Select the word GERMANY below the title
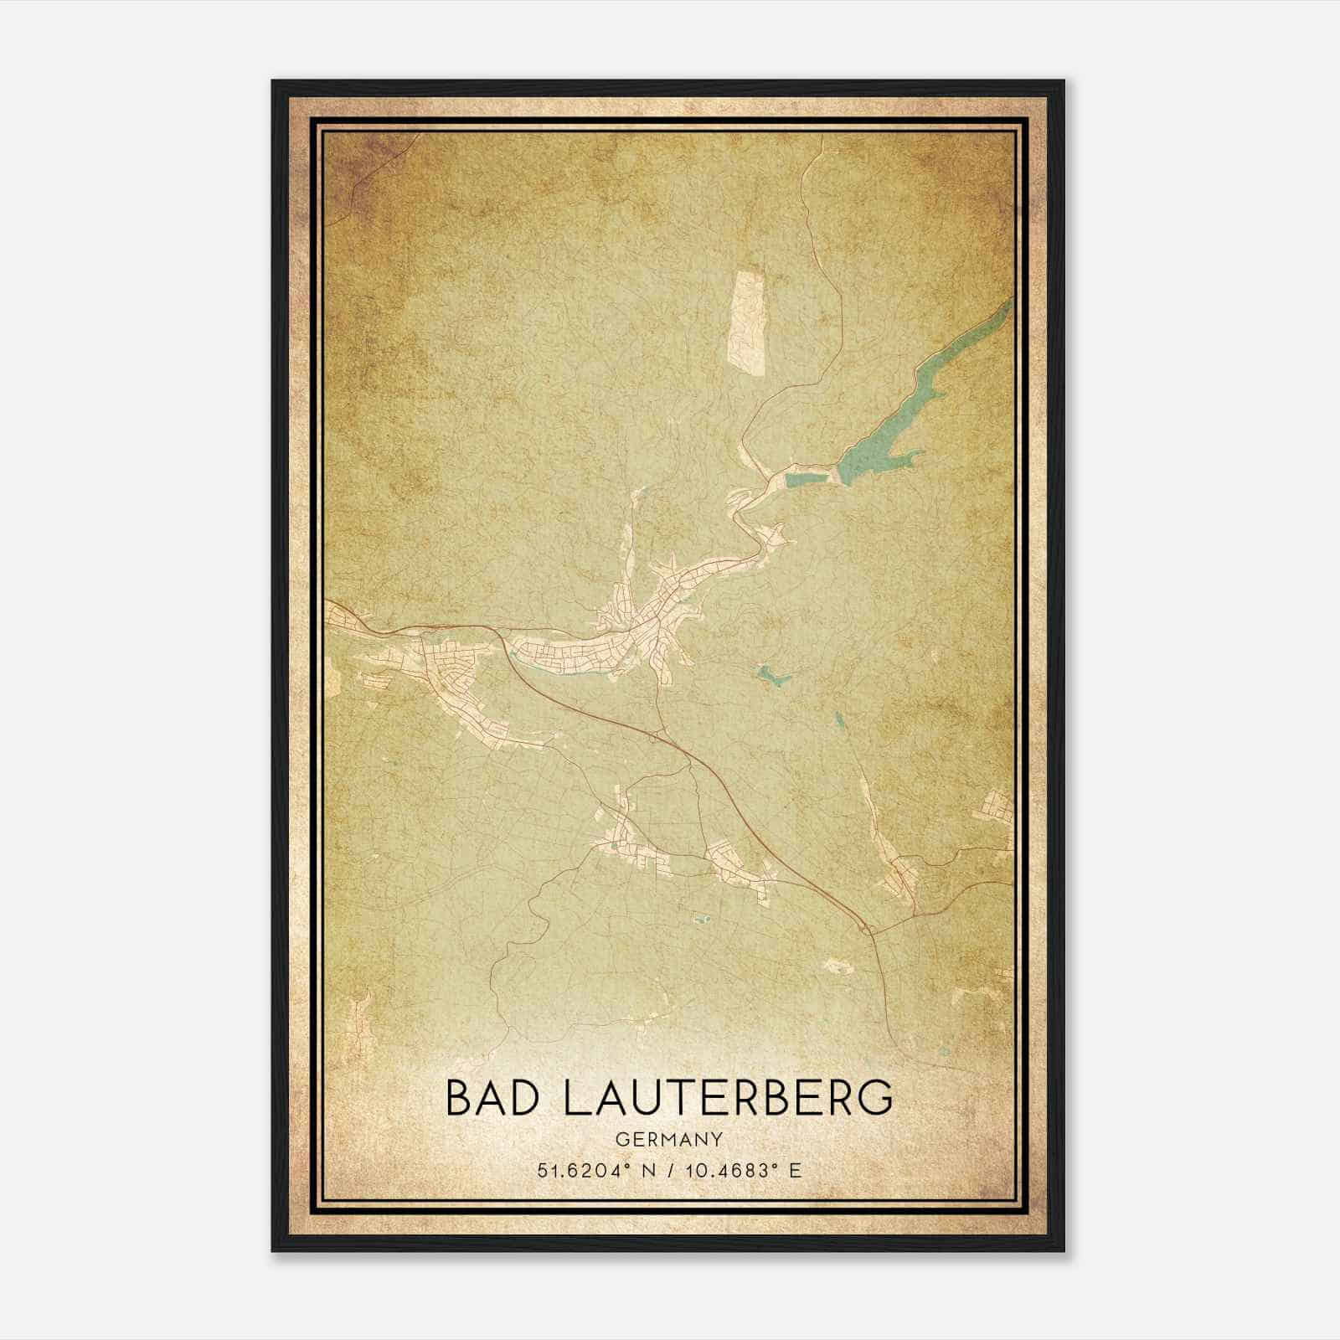[x=668, y=1140]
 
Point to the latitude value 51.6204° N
[x=591, y=1170]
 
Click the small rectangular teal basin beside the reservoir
[x=808, y=480]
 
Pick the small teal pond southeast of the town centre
[x=770, y=675]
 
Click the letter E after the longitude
[x=796, y=1170]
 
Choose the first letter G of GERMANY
[x=621, y=1140]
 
